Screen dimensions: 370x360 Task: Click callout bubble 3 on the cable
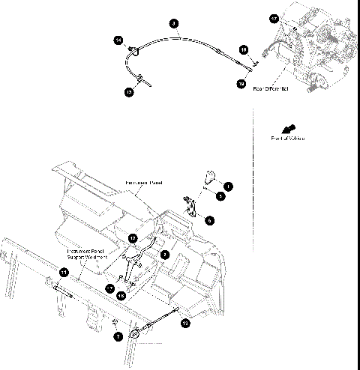[x=173, y=24]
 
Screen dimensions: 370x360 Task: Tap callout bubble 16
[x=244, y=49]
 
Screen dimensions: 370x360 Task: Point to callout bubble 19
[x=241, y=85]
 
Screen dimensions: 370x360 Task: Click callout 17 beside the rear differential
[x=274, y=18]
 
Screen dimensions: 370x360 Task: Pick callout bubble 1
[x=228, y=184]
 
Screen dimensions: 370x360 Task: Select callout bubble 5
[x=220, y=195]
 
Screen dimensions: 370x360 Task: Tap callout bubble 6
[x=210, y=220]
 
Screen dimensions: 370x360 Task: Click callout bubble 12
[x=132, y=239]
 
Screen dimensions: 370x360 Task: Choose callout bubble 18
[x=121, y=295]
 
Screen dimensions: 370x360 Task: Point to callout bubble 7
[x=118, y=338]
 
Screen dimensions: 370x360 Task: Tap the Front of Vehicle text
[x=287, y=139]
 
